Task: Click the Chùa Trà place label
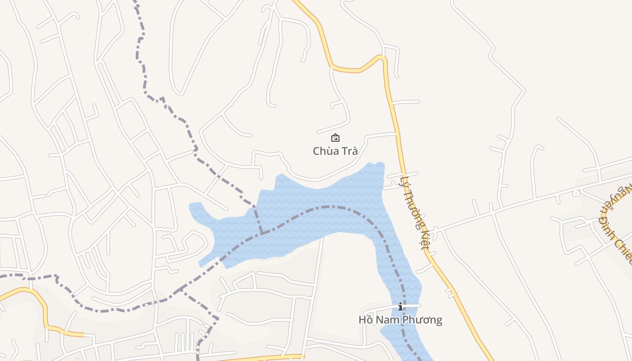click(335, 151)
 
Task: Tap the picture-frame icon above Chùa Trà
click(335, 138)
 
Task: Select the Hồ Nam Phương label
click(400, 320)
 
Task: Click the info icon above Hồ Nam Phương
click(400, 307)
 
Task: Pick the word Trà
click(349, 151)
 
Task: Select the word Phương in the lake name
click(423, 320)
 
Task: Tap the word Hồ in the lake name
click(366, 320)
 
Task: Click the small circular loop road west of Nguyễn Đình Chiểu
click(576, 194)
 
